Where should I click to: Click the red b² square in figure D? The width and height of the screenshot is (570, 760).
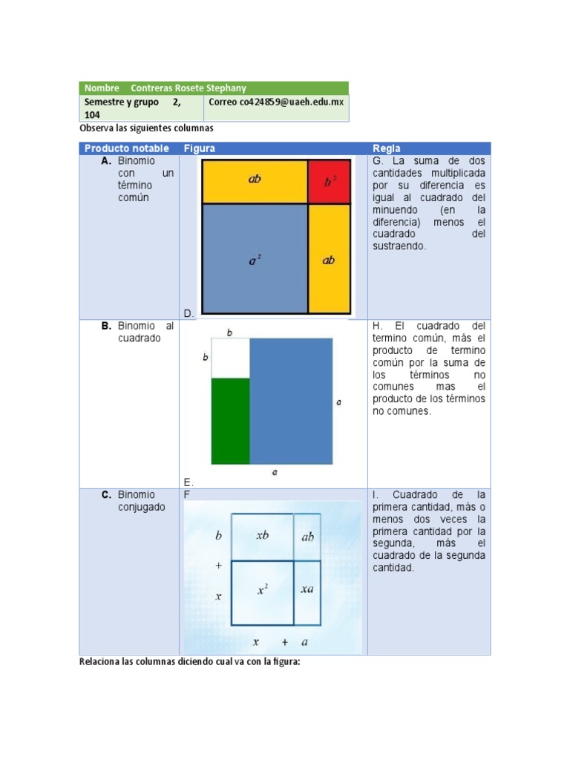[x=329, y=182]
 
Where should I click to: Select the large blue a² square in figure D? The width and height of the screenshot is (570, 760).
[x=255, y=258]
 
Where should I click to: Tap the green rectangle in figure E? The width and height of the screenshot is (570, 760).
[x=230, y=421]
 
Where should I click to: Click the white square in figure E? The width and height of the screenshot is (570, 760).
[x=230, y=358]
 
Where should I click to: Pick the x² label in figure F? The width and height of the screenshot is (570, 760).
[x=263, y=590]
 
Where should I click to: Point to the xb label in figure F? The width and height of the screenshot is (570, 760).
[x=262, y=536]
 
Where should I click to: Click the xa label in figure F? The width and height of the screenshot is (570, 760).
[x=307, y=589]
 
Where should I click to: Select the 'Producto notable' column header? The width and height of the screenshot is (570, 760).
[x=127, y=148]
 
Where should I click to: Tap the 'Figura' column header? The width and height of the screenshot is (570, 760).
[x=200, y=148]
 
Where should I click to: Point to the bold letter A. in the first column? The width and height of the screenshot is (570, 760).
[x=107, y=161]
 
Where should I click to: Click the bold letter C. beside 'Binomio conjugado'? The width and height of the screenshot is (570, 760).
[x=107, y=495]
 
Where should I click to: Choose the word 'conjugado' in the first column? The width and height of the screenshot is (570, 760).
[x=142, y=508]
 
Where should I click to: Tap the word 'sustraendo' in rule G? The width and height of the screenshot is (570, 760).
[x=399, y=246]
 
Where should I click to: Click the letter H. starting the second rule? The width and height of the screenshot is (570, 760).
[x=377, y=326]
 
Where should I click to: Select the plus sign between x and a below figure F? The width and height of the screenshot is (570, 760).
[x=284, y=641]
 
